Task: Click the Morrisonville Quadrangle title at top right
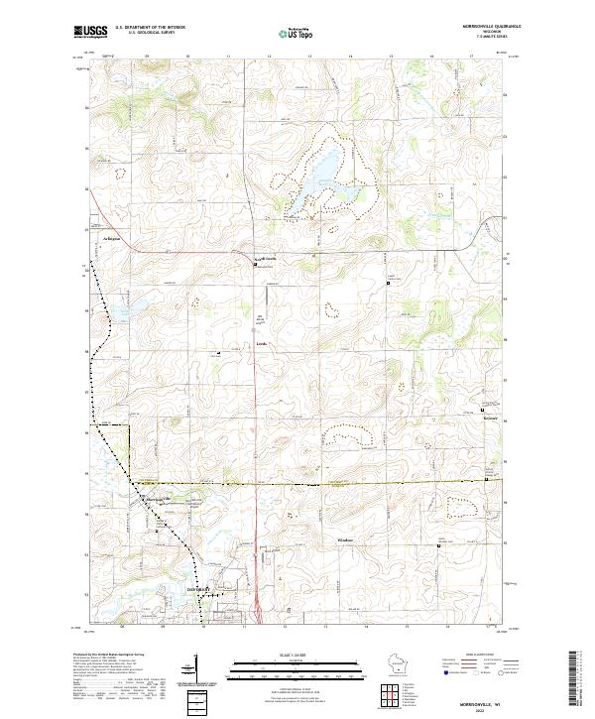493,27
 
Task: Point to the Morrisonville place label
160,497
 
